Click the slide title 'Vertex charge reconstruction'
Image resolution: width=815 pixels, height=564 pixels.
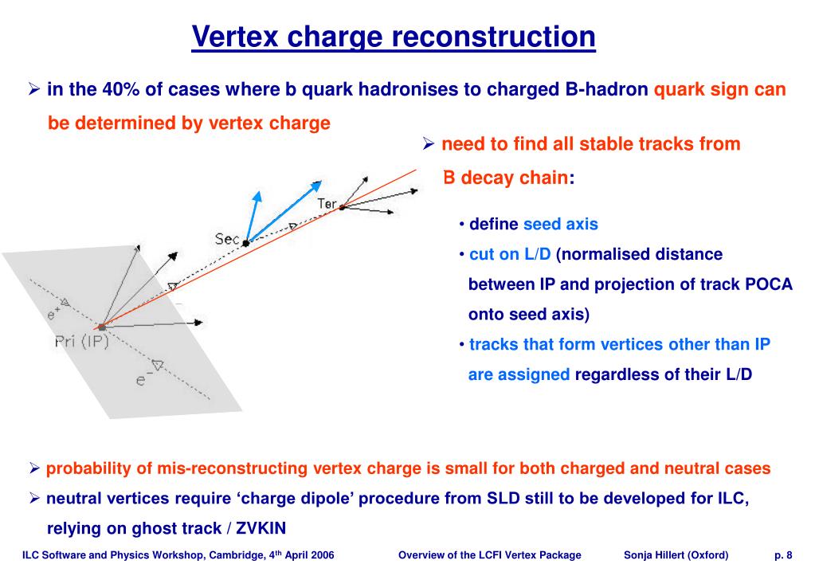[394, 37]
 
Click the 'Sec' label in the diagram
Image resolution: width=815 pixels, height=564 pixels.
[227, 238]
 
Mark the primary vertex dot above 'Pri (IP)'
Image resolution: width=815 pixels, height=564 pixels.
[101, 327]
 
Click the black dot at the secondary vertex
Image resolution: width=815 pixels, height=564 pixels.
[245, 242]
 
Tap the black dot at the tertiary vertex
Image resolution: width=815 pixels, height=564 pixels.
[342, 207]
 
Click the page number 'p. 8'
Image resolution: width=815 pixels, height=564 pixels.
[783, 554]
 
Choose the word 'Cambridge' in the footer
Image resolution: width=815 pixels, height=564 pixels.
[230, 554]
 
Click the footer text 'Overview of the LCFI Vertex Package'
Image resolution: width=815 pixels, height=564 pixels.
[489, 554]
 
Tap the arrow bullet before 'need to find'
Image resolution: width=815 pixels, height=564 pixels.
[428, 145]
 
